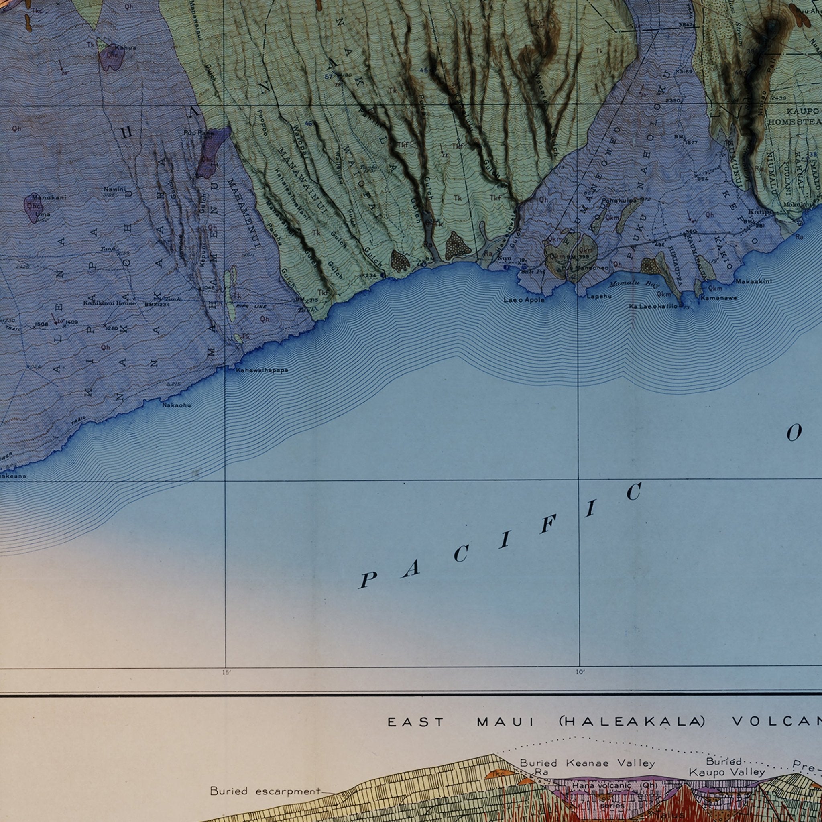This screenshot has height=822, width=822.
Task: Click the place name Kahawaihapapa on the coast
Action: tap(262, 370)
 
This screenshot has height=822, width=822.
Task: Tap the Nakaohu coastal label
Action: tap(177, 405)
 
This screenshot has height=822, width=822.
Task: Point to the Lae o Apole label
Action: tap(524, 299)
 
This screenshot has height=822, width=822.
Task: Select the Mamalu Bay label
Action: tap(633, 284)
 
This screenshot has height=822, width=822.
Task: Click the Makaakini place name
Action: tap(753, 281)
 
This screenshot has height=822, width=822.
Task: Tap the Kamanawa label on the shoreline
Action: tap(718, 298)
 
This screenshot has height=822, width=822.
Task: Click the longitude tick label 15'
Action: tap(226, 672)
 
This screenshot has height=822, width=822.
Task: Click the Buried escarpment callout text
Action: tap(265, 779)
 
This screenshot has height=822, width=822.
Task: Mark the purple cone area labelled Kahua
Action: tap(112, 57)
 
